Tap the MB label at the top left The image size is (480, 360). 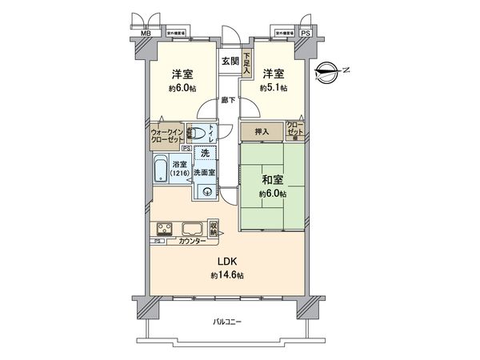[146, 34]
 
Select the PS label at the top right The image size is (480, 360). [305, 34]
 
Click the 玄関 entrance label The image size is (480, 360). [230, 62]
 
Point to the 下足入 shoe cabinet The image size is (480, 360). [247, 64]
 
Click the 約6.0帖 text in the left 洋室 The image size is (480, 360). [179, 88]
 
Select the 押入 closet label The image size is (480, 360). [262, 130]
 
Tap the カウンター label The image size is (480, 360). [192, 240]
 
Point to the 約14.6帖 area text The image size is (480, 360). [227, 275]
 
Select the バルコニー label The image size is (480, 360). [227, 322]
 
